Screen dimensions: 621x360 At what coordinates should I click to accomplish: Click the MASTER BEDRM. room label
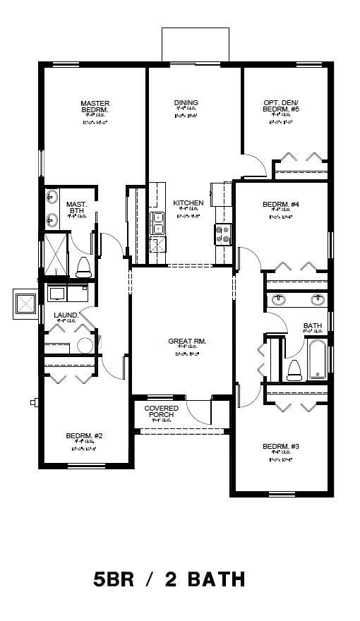click(x=95, y=107)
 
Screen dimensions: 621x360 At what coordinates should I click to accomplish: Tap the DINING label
click(x=186, y=103)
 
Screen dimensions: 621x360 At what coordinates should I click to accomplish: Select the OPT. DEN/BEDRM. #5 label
click(x=281, y=107)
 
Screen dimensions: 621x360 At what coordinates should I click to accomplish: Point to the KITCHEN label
click(x=188, y=203)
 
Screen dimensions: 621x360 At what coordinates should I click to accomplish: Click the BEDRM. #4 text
click(x=281, y=205)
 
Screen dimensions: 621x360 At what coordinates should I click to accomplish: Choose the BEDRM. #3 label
click(x=281, y=446)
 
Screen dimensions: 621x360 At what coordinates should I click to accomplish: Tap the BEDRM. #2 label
click(x=85, y=435)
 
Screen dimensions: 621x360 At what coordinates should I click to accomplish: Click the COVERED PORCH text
click(x=162, y=411)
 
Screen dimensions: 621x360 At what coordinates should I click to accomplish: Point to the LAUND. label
click(x=66, y=315)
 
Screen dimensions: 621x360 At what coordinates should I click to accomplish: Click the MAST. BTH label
click(x=76, y=207)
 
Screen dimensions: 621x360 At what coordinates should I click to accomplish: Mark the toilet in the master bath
click(x=83, y=267)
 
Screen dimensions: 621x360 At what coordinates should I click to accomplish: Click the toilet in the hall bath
click(x=295, y=369)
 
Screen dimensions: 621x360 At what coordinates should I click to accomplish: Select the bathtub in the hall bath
click(x=317, y=360)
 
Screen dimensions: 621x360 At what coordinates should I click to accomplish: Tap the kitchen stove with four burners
click(x=223, y=234)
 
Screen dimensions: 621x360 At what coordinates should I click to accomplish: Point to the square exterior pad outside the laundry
click(x=26, y=303)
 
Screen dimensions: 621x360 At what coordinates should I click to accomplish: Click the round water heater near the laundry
click(x=85, y=345)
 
